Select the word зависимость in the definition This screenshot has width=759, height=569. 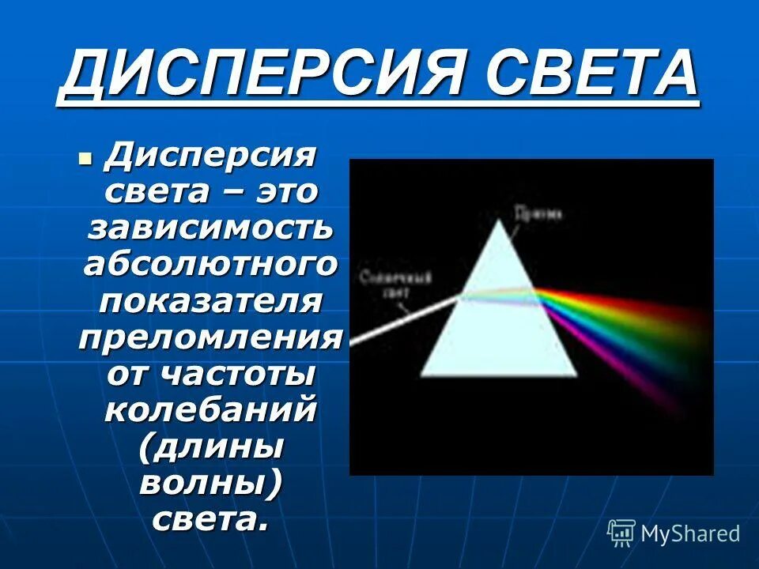tap(210, 228)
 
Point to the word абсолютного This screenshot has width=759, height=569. tap(210, 264)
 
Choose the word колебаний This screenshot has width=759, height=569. tap(210, 410)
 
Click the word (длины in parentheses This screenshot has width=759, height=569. tap(210, 448)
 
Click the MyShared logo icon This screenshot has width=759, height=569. tap(621, 533)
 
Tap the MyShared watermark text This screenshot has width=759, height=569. tap(690, 534)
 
